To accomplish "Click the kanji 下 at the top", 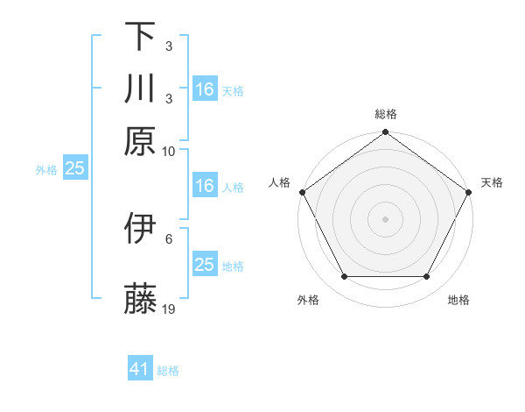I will [x=140, y=38].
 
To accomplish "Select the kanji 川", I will [x=140, y=89].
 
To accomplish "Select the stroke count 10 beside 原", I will [x=169, y=151].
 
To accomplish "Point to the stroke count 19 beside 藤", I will [x=169, y=309].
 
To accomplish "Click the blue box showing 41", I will [x=140, y=369].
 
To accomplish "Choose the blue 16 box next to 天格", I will [x=204, y=89].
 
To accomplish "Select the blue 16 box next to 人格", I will [x=204, y=186].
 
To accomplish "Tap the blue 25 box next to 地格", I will [x=204, y=265].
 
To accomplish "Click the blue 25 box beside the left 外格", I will [x=74, y=168].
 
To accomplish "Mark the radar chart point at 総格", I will [x=385, y=132].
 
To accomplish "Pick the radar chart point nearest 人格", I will [x=302, y=192].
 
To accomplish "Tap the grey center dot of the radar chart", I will [x=385, y=218].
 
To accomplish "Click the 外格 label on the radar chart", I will [x=308, y=301].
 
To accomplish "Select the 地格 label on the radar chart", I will [x=458, y=301].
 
